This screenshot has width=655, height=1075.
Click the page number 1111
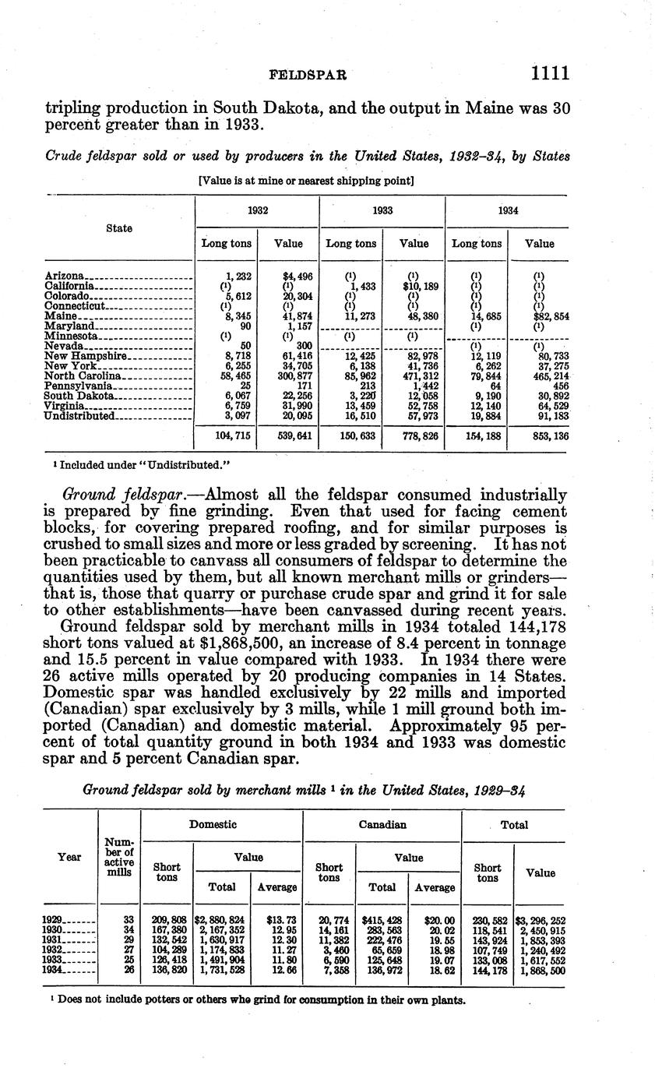click(550, 73)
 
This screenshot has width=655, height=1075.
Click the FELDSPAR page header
click(308, 75)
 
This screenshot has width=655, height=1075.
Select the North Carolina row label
click(81, 375)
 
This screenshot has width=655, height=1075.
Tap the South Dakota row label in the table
click(79, 395)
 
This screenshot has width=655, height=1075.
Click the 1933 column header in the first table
click(382, 210)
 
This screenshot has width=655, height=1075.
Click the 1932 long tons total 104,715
click(232, 436)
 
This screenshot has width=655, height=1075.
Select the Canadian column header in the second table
click(382, 824)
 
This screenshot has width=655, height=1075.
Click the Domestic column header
click(220, 823)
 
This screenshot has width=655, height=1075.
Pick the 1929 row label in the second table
click(57, 920)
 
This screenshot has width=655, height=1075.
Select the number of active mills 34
click(129, 930)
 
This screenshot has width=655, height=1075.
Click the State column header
click(119, 228)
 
